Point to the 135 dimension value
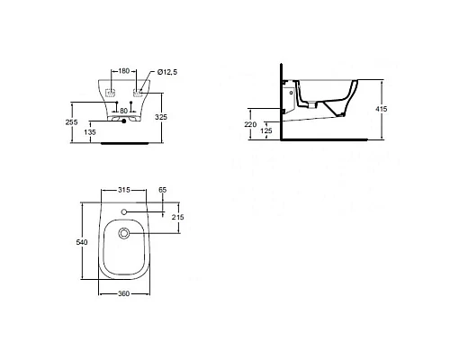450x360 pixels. (90, 131)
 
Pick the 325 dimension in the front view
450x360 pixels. (173, 117)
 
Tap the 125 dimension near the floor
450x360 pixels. (267, 131)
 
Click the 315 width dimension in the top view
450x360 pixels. (125, 190)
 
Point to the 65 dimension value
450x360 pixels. (162, 191)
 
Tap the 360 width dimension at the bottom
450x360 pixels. (125, 295)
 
